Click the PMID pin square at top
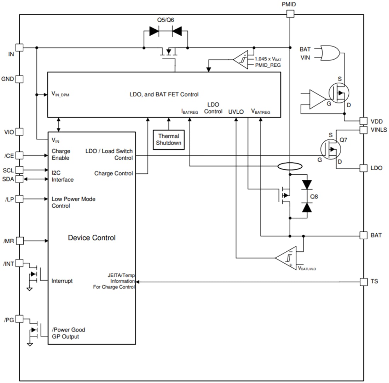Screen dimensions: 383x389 [290, 14]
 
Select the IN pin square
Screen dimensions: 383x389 [20, 47]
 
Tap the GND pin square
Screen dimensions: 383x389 [20, 79]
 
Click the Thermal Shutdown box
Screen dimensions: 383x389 [169, 139]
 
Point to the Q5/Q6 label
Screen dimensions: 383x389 [166, 20]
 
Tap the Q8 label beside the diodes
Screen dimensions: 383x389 [314, 196]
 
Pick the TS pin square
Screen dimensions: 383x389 [364, 282]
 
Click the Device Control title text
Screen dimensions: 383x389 [92, 238]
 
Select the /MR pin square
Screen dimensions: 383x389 [20, 241]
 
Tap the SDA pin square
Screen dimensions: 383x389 [20, 179]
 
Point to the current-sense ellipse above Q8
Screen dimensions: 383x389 [290, 166]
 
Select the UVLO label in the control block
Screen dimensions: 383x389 [236, 112]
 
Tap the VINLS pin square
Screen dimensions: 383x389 [364, 130]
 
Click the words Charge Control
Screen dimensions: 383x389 [114, 173]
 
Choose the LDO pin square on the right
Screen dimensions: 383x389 [364, 168]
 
